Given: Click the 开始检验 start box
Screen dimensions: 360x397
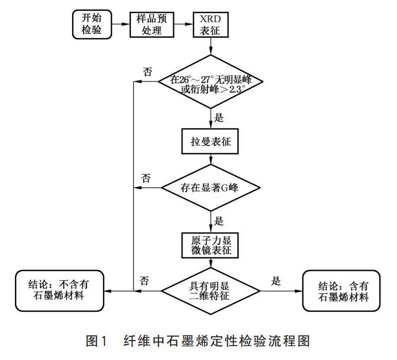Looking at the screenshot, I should (x=91, y=24).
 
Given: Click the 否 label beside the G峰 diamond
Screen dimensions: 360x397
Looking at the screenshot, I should (x=146, y=178).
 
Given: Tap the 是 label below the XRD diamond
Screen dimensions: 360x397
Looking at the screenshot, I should (x=218, y=119).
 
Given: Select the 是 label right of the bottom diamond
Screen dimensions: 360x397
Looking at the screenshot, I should (x=276, y=280).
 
